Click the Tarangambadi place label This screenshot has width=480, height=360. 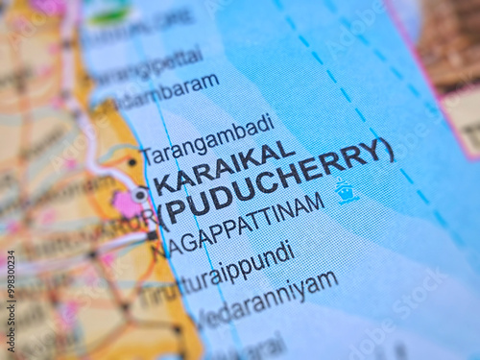click(206, 140)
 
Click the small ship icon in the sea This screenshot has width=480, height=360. click(346, 192)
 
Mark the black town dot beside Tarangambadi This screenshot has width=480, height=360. click(132, 162)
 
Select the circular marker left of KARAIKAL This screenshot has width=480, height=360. click(140, 194)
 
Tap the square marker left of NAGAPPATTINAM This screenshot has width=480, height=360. click(152, 235)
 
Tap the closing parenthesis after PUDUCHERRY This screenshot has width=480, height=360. click(386, 150)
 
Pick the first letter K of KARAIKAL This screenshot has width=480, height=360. click(163, 182)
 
